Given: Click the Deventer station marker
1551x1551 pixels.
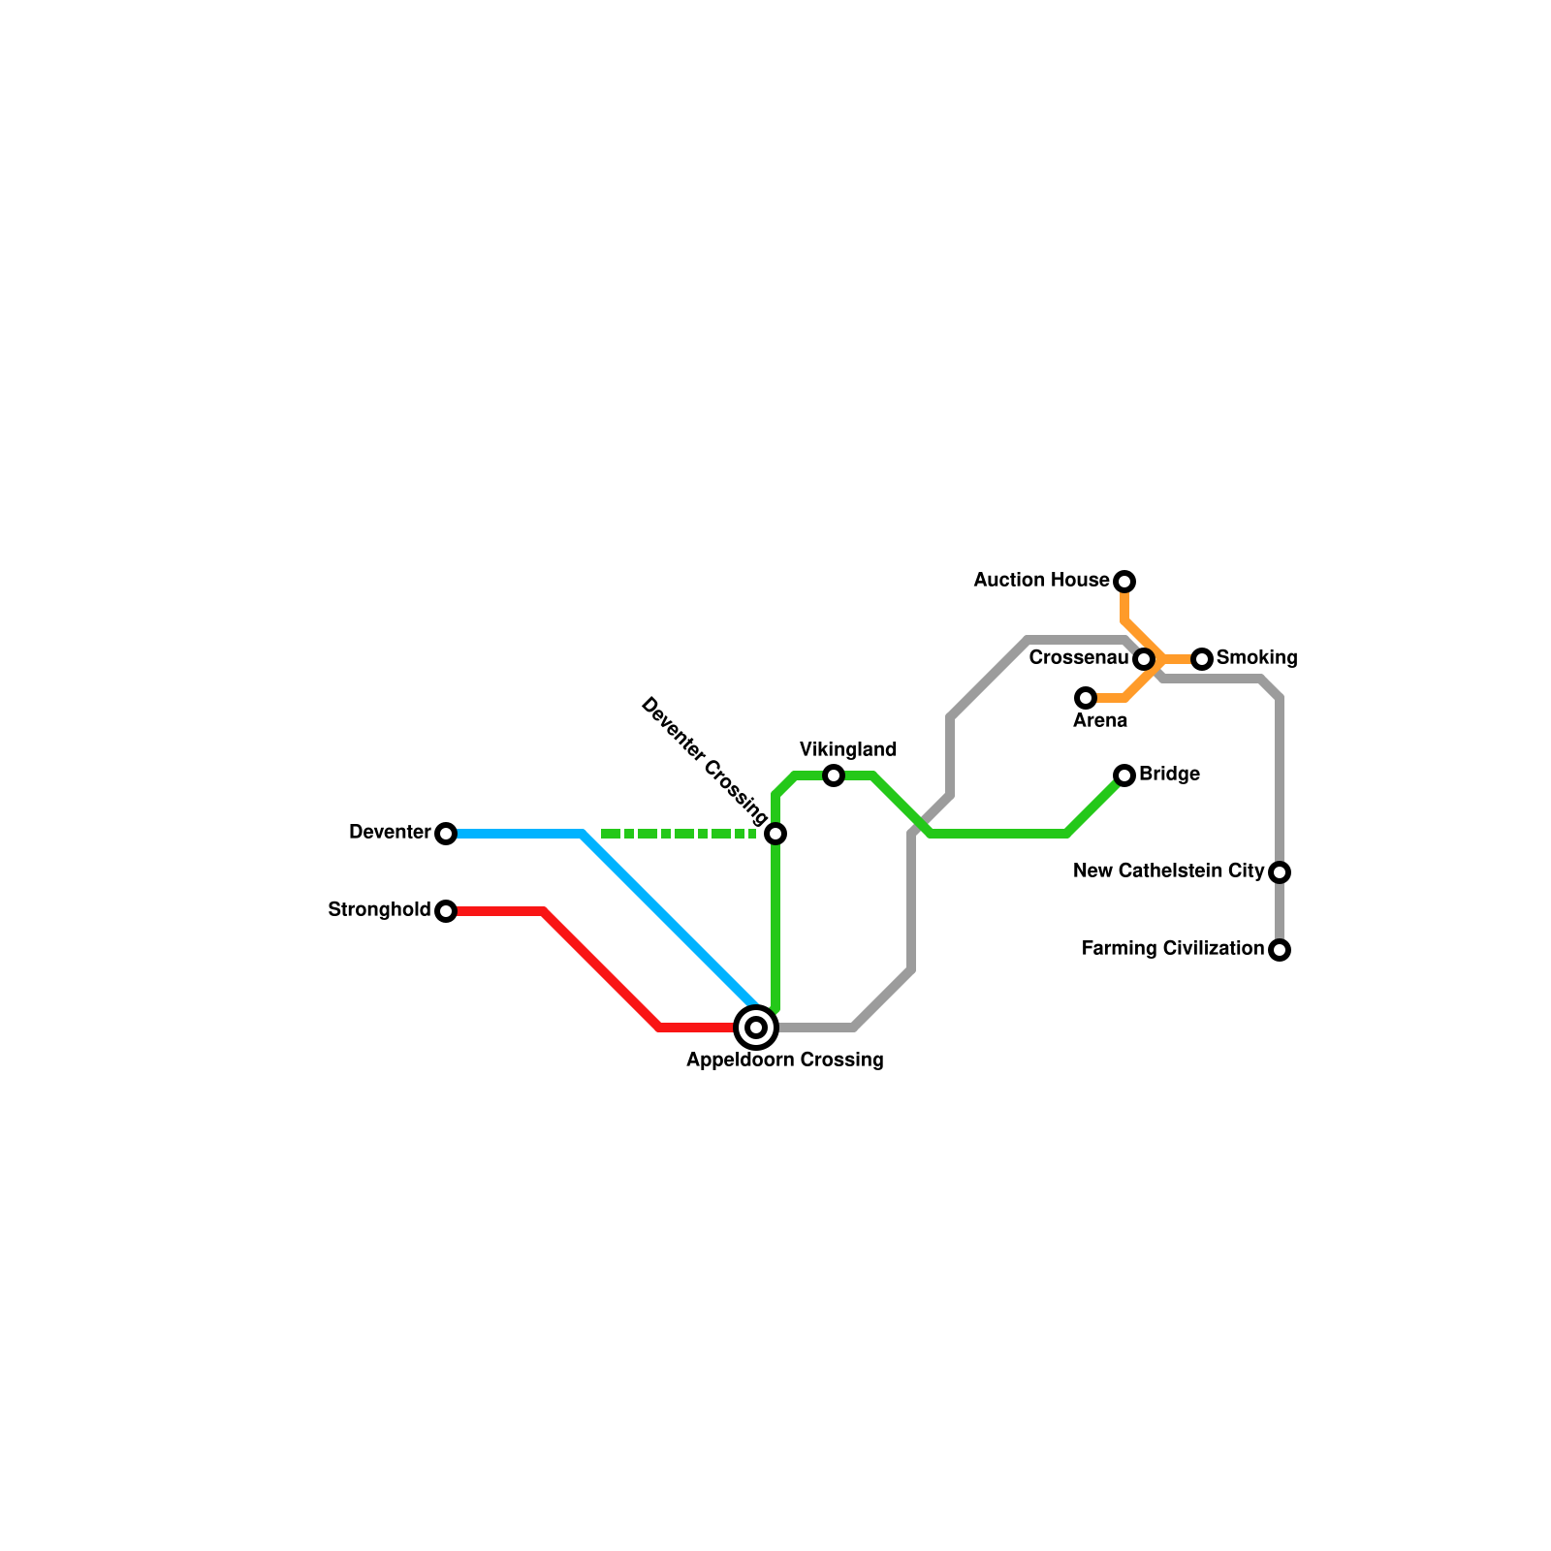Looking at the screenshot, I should pyautogui.click(x=446, y=834).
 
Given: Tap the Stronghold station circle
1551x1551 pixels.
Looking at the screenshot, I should pyautogui.click(x=446, y=911).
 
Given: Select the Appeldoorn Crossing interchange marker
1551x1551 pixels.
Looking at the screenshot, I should pyautogui.click(x=756, y=1028).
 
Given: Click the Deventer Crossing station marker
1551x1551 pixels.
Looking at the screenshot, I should pyautogui.click(x=775, y=834).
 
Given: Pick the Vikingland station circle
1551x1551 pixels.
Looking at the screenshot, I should pyautogui.click(x=834, y=775).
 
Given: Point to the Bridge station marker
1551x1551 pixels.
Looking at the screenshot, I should pyautogui.click(x=1124, y=775).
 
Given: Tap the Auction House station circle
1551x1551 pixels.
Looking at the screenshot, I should pyautogui.click(x=1124, y=582).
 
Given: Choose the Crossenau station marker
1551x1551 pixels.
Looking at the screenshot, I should pyautogui.click(x=1144, y=659).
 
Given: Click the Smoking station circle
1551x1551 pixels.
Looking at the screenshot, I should pyautogui.click(x=1202, y=659).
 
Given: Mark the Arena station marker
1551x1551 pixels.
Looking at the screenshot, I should pyautogui.click(x=1086, y=698).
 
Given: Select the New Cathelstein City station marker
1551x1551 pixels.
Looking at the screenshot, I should pyautogui.click(x=1280, y=872).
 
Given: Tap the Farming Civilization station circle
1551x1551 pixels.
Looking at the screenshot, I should pyautogui.click(x=1280, y=950).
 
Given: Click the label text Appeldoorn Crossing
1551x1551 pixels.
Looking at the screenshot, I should pyautogui.click(x=784, y=1060).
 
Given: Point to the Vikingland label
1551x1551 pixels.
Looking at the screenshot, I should pyautogui.click(x=848, y=749).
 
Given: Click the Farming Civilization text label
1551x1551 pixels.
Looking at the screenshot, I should pyautogui.click(x=1172, y=949).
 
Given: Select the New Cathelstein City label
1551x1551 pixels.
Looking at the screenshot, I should pyautogui.click(x=1168, y=871).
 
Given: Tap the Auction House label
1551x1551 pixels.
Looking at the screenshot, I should pyautogui.click(x=1041, y=581).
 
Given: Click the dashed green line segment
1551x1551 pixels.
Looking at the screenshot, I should pyautogui.click(x=679, y=834).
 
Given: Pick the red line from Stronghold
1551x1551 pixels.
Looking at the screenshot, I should pyautogui.click(x=601, y=969).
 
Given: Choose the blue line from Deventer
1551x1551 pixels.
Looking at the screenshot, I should pyautogui.click(x=669, y=921).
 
